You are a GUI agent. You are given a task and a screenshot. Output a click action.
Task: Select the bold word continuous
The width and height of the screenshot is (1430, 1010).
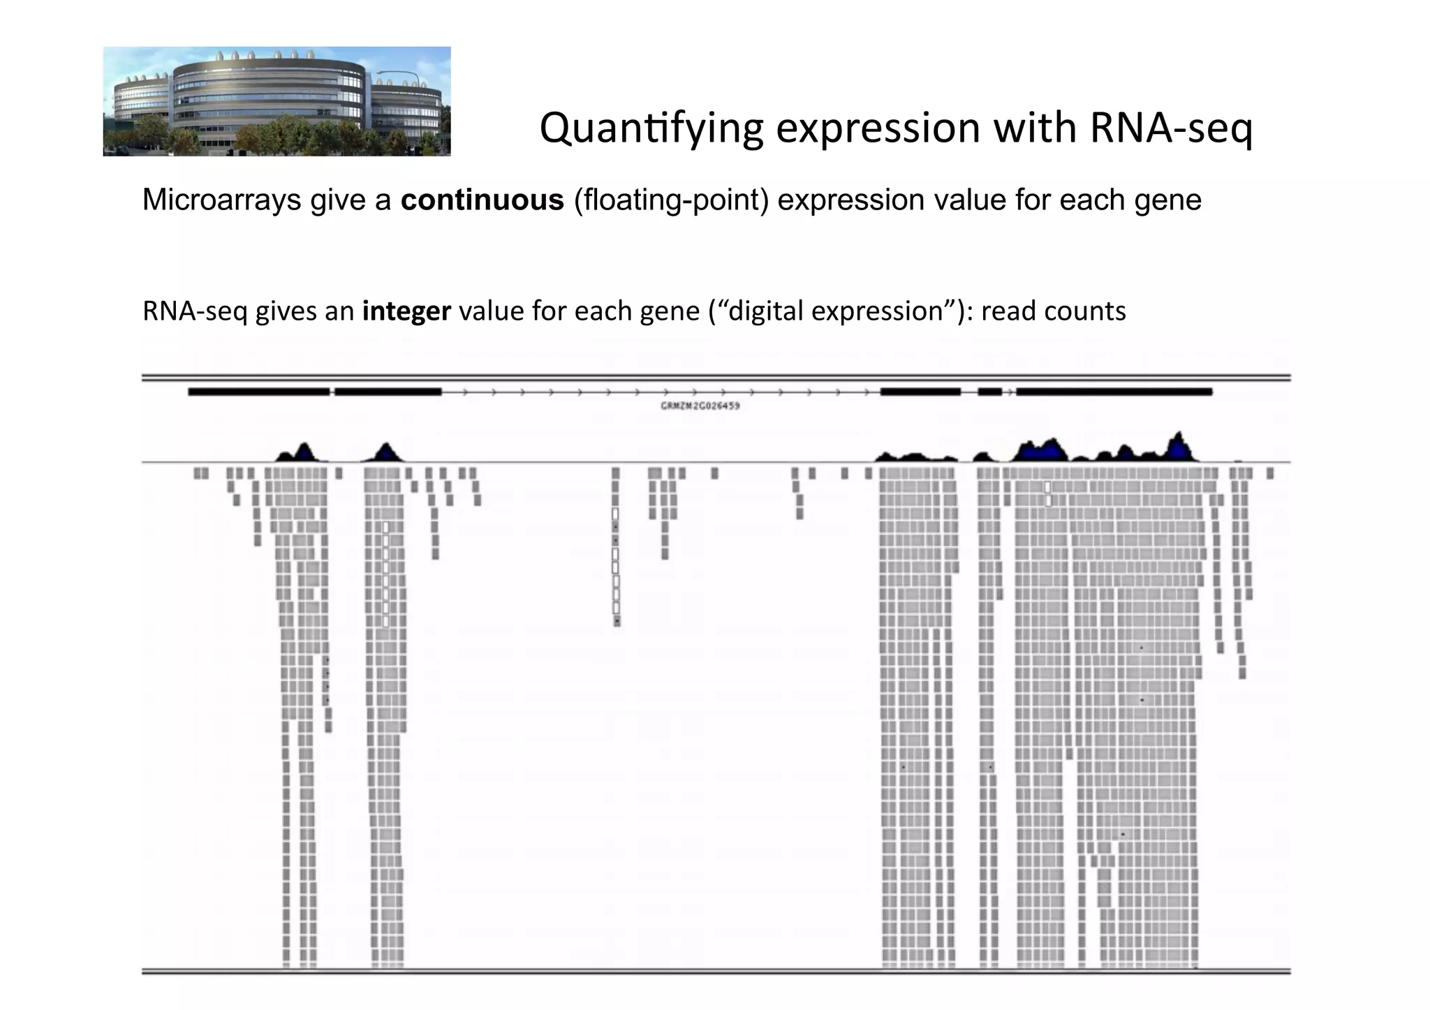(x=482, y=200)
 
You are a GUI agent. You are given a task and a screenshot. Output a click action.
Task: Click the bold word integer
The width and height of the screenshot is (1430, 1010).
(x=406, y=311)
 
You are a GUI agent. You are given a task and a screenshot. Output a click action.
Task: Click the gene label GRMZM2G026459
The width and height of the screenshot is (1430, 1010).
(x=700, y=406)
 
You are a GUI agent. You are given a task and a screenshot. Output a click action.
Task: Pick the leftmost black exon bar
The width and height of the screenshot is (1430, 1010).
(x=258, y=392)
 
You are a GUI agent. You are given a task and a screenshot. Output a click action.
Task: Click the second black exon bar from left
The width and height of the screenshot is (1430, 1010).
(x=388, y=392)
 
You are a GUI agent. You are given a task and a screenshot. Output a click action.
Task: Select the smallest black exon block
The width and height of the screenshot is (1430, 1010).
(x=989, y=392)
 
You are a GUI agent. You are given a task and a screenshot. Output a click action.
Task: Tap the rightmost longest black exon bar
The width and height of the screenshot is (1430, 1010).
(x=1114, y=392)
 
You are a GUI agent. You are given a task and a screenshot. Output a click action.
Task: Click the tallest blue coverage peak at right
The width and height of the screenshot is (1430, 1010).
(x=1179, y=445)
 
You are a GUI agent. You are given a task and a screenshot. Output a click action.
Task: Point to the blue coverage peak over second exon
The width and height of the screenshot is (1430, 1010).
(x=385, y=452)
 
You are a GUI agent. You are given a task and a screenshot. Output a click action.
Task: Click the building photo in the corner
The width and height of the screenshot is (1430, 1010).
(x=277, y=102)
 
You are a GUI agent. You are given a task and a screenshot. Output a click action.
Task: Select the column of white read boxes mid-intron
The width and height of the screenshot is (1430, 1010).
(x=616, y=565)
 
